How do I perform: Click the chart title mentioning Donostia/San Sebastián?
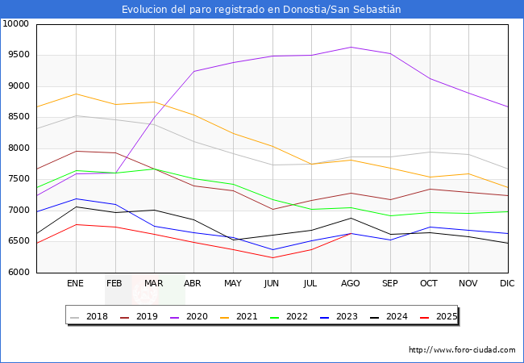pyautogui.click(x=261, y=10)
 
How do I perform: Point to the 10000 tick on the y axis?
pyautogui.click(x=16, y=24)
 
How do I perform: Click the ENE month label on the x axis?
pyautogui.click(x=75, y=284)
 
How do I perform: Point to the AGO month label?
pyautogui.click(x=351, y=284)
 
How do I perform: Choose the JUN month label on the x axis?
pyautogui.click(x=272, y=284)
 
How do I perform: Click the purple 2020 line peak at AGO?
pyautogui.click(x=351, y=47)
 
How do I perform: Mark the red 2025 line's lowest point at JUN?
pyautogui.click(x=272, y=258)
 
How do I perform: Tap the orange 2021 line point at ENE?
pyautogui.click(x=76, y=94)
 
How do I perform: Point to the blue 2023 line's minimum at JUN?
pyautogui.click(x=272, y=250)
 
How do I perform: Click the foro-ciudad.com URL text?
pyautogui.click(x=462, y=350)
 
